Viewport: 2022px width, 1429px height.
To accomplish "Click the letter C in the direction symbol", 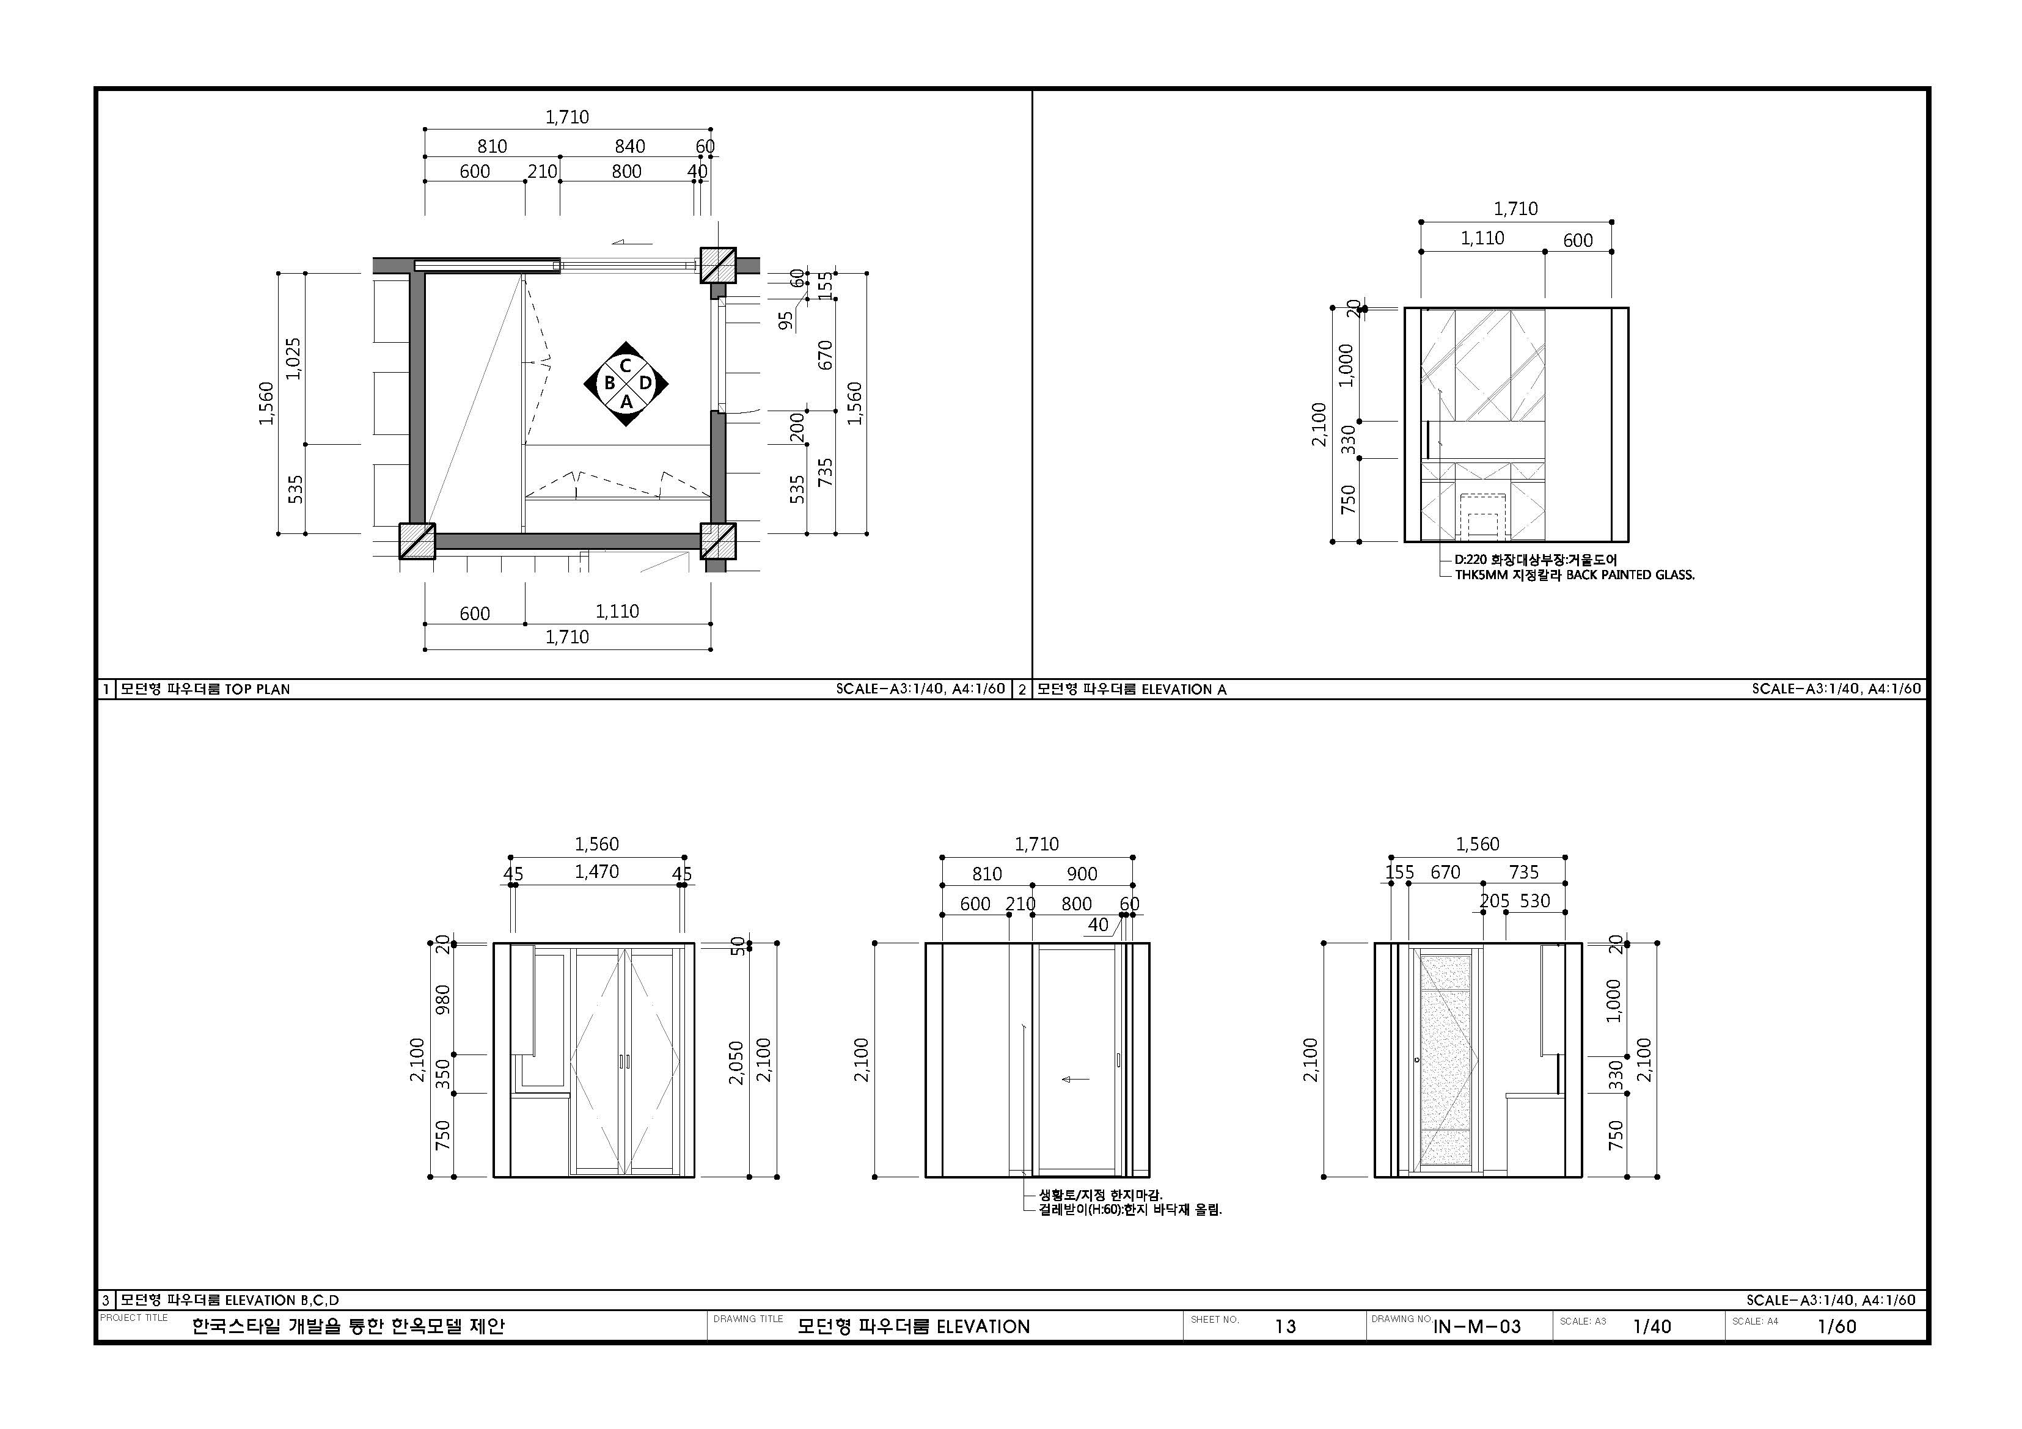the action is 625,365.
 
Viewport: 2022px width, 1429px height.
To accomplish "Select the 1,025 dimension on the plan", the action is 294,359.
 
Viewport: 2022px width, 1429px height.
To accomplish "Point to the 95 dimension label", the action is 786,321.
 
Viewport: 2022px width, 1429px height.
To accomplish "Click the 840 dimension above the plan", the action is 629,146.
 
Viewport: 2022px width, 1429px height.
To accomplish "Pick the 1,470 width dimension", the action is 597,872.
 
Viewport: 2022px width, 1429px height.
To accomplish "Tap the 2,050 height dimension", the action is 736,1062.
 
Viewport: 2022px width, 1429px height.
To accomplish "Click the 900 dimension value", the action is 1082,874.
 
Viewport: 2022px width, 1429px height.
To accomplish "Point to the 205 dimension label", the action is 1495,901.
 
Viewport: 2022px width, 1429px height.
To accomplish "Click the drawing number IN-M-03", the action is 1477,1326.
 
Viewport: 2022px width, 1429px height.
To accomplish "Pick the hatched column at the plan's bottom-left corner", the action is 417,541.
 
